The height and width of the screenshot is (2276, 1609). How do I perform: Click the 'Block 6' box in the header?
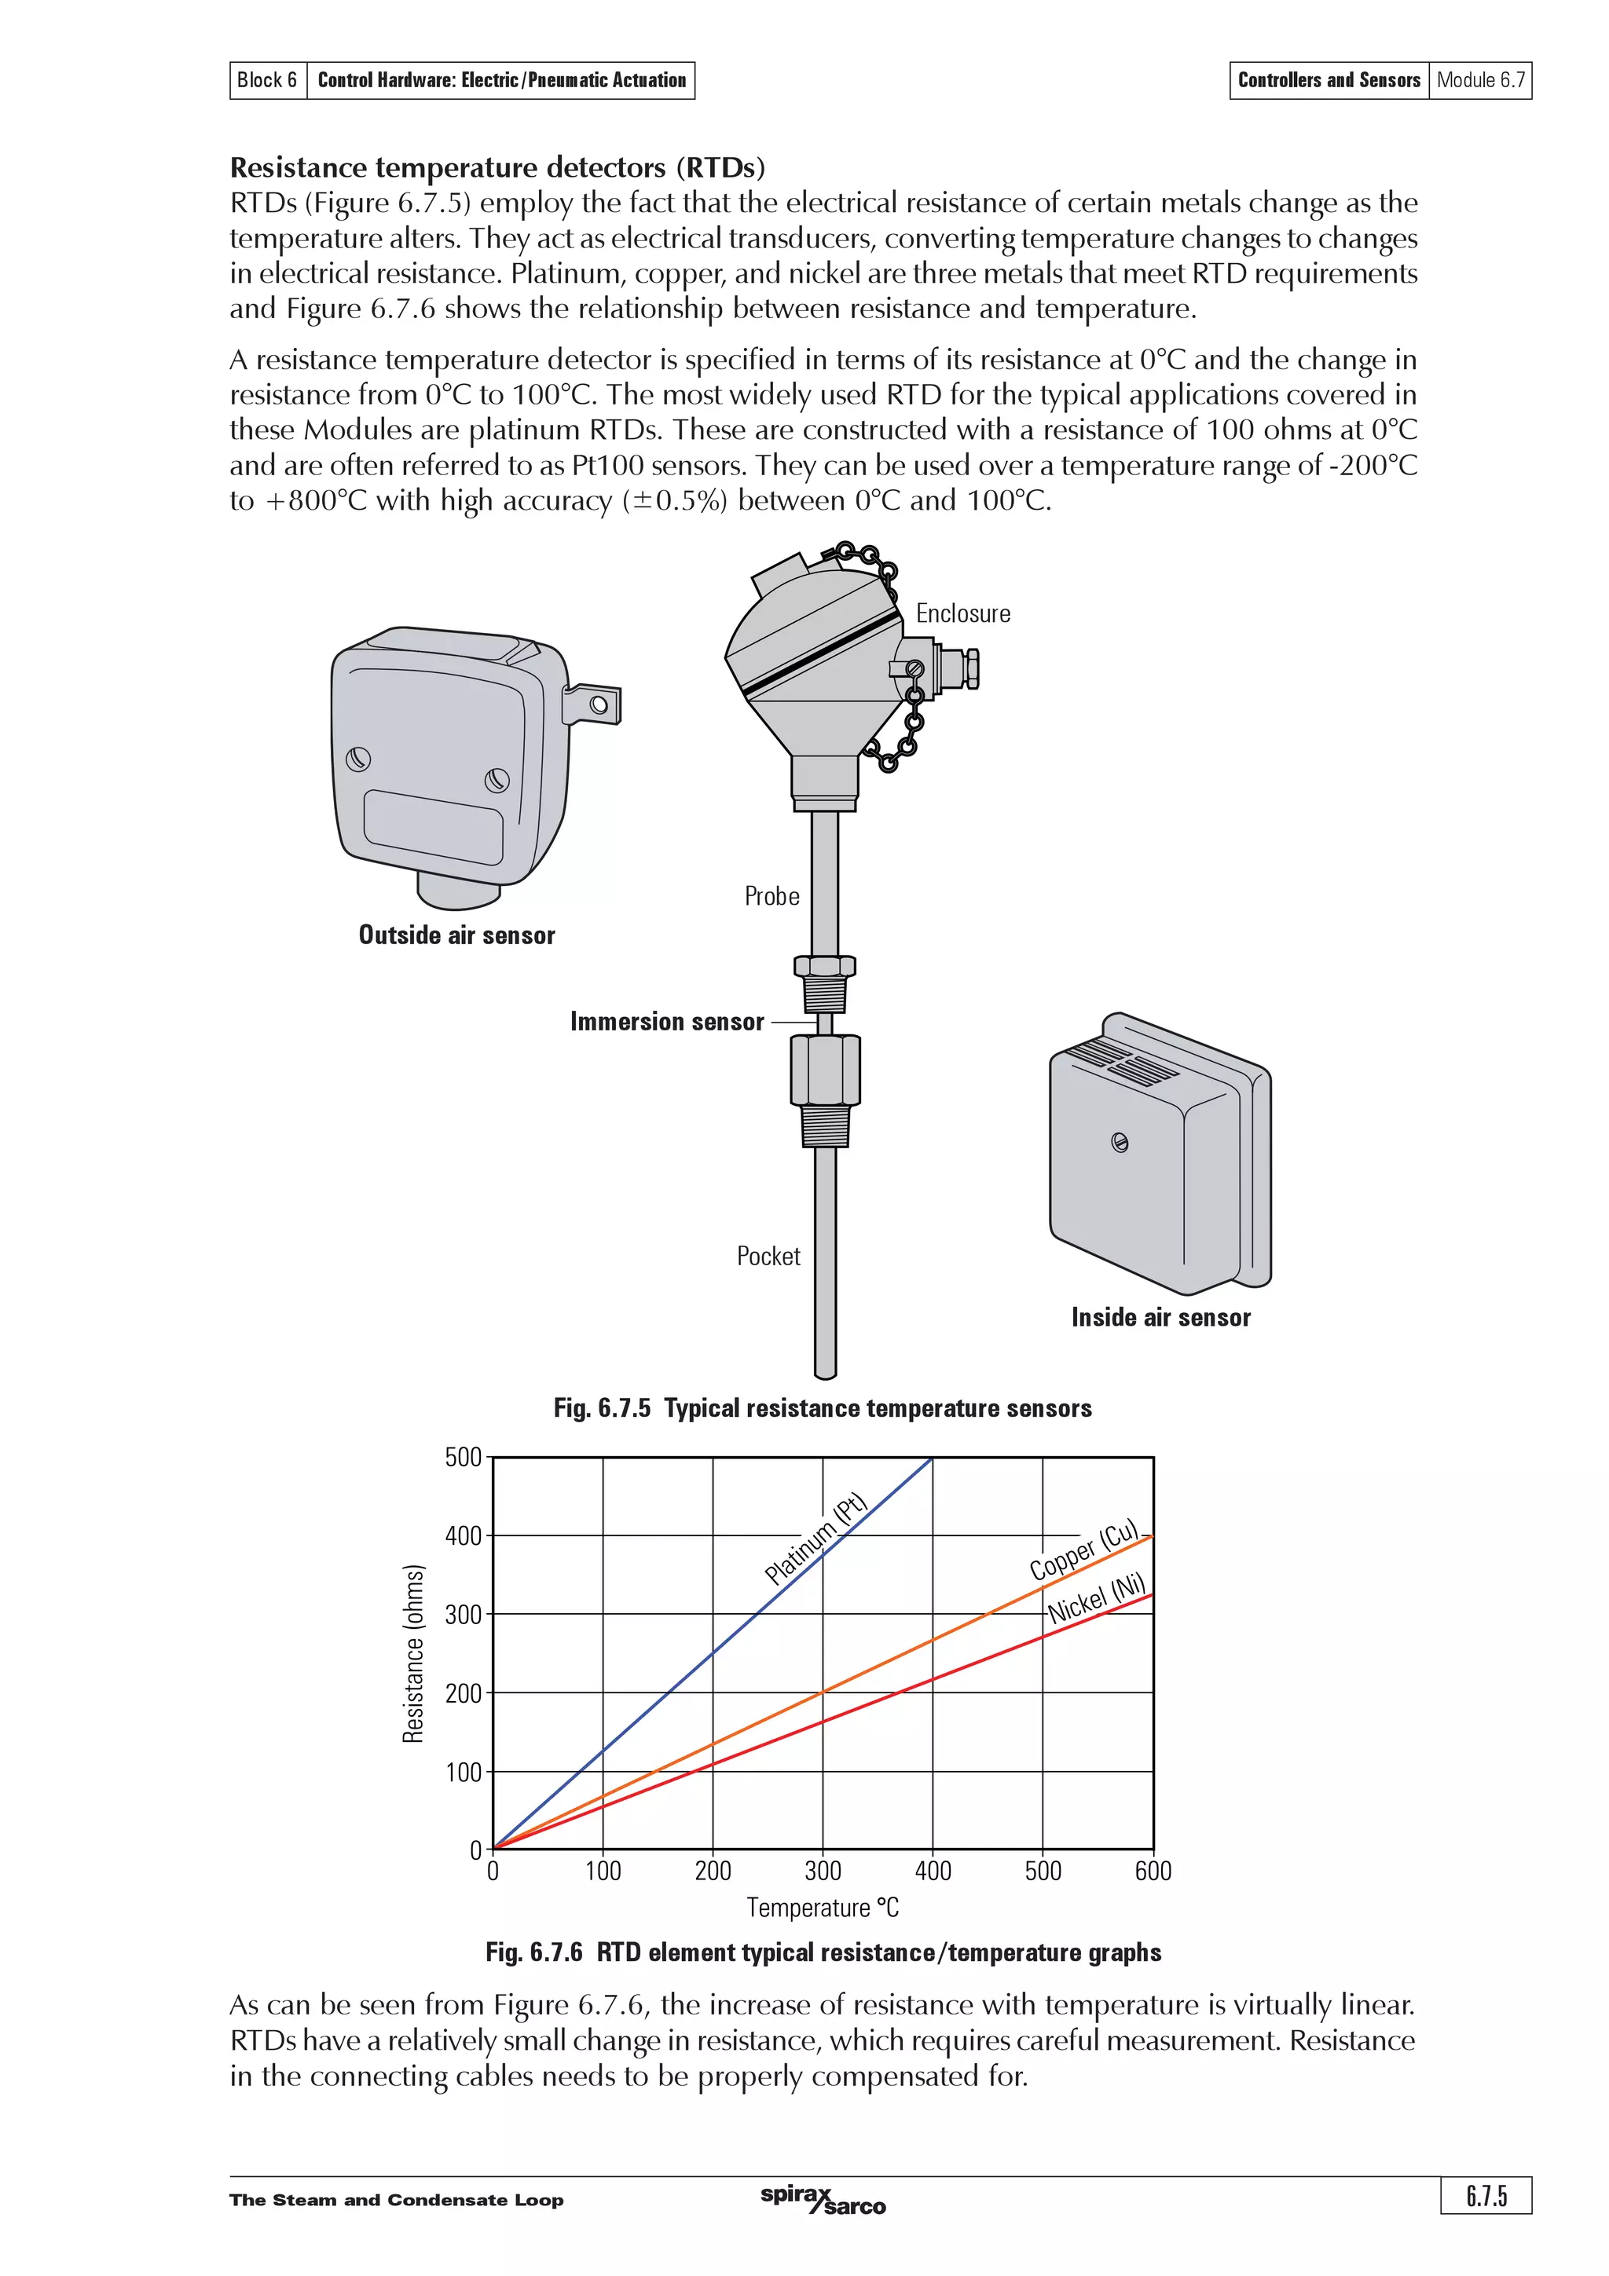(x=266, y=80)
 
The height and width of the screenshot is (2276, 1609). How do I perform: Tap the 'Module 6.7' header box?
(x=1480, y=80)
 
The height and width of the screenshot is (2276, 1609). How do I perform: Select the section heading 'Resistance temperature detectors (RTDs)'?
(x=497, y=167)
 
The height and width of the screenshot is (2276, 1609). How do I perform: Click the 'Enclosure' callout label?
(x=962, y=613)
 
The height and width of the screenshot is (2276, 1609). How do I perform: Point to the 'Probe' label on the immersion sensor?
(x=772, y=896)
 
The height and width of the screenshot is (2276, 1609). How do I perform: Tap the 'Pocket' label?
(x=768, y=1256)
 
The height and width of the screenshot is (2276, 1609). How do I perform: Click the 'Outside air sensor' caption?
(x=456, y=935)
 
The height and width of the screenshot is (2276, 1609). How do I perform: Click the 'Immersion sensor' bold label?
(x=666, y=1022)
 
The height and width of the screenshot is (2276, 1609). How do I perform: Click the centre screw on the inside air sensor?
(x=1120, y=1143)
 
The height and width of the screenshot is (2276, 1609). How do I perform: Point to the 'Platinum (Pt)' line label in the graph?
(x=816, y=1539)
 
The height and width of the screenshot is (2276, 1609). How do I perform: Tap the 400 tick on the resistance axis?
(x=463, y=1536)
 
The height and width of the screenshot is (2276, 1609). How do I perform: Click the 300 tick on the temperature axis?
(x=822, y=1872)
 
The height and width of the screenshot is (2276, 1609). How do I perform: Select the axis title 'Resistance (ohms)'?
(x=413, y=1653)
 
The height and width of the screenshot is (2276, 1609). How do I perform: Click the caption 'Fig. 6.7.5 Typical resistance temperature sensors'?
(x=822, y=1409)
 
